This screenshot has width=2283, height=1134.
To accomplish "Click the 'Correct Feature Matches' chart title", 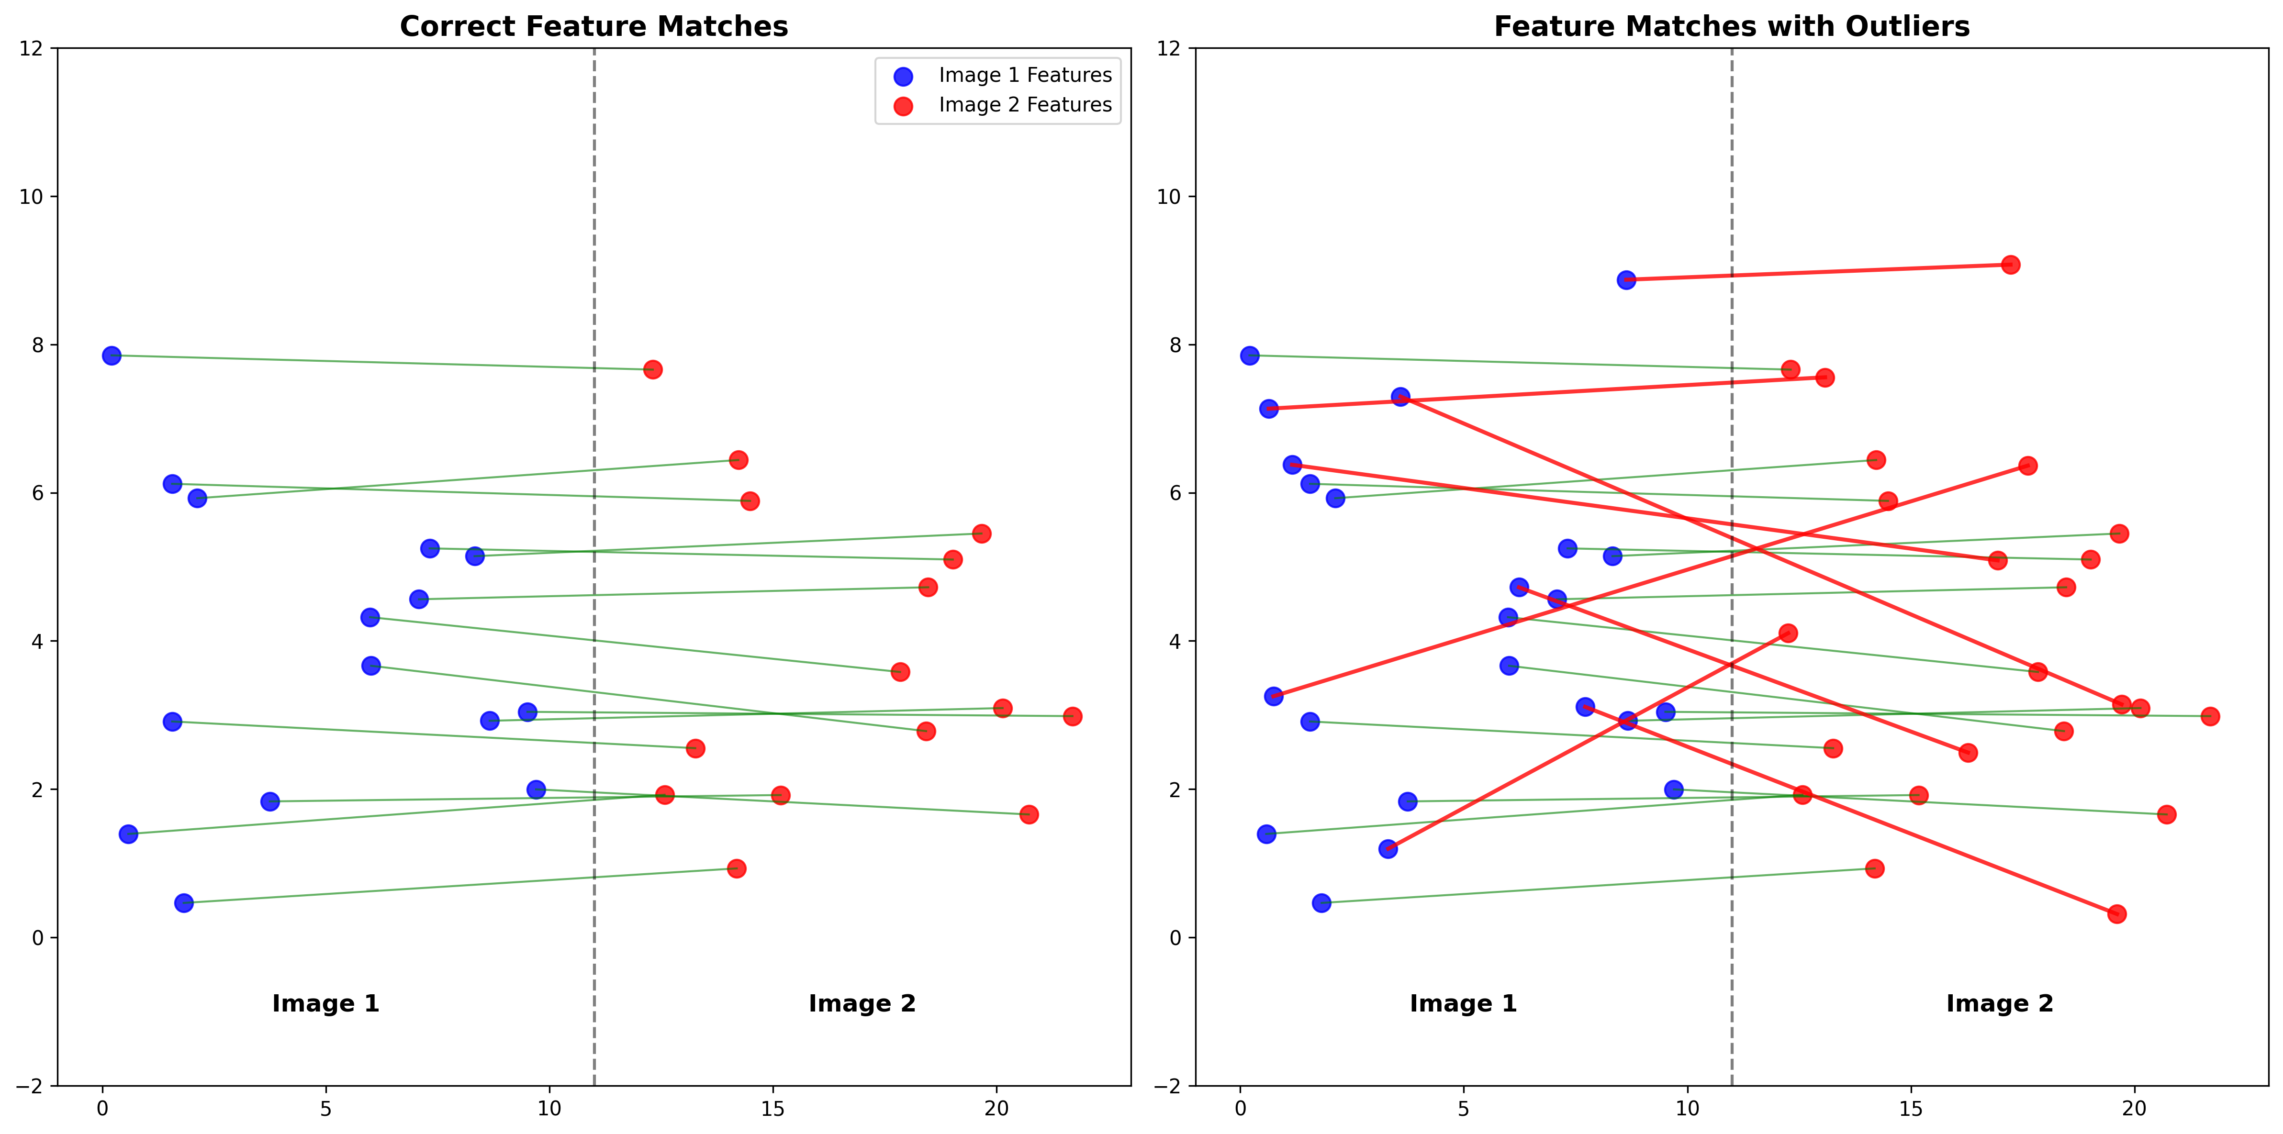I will [x=594, y=27].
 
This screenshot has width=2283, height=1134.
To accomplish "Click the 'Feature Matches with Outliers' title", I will [x=1732, y=27].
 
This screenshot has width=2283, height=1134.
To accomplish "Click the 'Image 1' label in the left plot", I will [x=325, y=1004].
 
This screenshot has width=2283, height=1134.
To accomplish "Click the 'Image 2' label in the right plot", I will [x=1999, y=1004].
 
